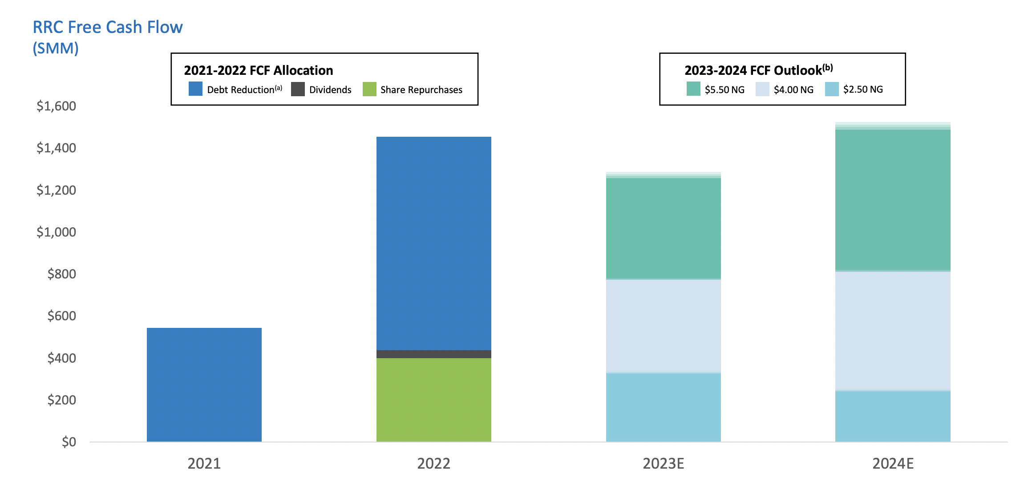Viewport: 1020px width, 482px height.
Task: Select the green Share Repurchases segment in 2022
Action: tap(434, 400)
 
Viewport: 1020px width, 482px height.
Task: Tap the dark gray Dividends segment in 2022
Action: tap(434, 354)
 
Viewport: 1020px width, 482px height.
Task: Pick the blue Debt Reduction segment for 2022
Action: tap(434, 243)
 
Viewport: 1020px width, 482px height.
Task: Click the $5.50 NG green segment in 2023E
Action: tap(664, 229)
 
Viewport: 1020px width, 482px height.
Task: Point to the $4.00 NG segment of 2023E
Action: tap(664, 326)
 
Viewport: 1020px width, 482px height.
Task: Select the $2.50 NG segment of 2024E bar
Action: tap(893, 416)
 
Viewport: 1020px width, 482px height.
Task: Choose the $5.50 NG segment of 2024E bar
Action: tap(893, 200)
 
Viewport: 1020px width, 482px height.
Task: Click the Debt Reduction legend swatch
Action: tap(195, 89)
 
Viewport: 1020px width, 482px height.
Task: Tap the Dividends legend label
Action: tap(330, 90)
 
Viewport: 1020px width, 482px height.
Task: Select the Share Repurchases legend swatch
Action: tap(369, 89)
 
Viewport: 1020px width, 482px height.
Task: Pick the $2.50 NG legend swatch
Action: tap(831, 89)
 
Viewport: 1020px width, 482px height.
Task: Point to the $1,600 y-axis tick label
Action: tap(57, 106)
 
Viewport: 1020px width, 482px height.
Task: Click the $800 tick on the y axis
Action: tap(62, 274)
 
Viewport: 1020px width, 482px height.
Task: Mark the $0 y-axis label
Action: tap(69, 442)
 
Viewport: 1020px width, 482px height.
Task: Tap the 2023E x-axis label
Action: tap(663, 464)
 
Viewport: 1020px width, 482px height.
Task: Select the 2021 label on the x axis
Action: tap(204, 464)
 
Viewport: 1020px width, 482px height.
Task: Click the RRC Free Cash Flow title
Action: tap(108, 27)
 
